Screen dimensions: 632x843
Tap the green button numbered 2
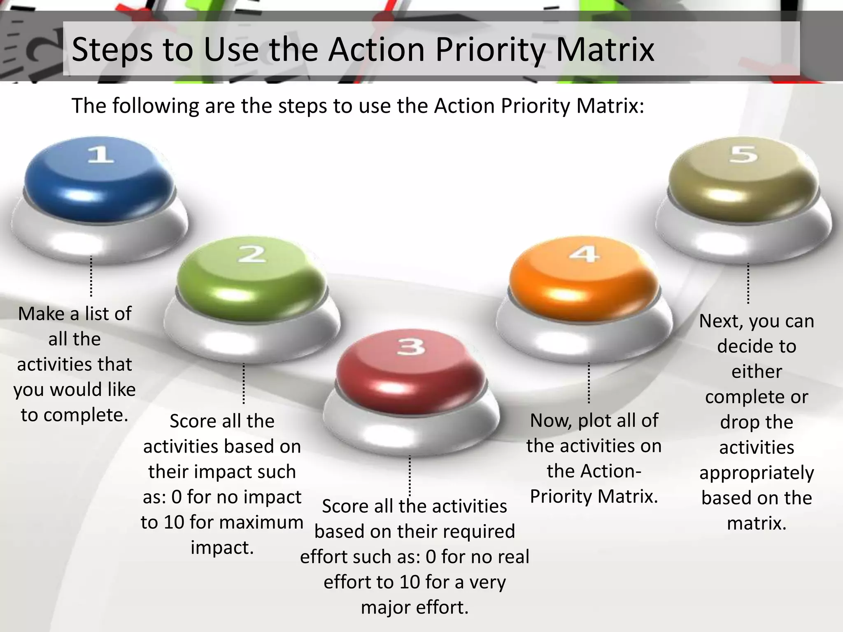[251, 276]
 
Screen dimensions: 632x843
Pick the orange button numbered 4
[584, 276]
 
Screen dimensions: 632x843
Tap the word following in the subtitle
[156, 106]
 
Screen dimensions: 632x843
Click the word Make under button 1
[42, 314]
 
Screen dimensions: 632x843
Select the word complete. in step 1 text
[85, 415]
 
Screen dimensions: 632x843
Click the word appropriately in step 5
[757, 473]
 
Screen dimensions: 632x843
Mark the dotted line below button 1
[91, 276]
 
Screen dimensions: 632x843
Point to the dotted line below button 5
[748, 283]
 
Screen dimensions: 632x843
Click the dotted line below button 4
[589, 383]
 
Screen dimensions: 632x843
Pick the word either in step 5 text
[757, 372]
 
